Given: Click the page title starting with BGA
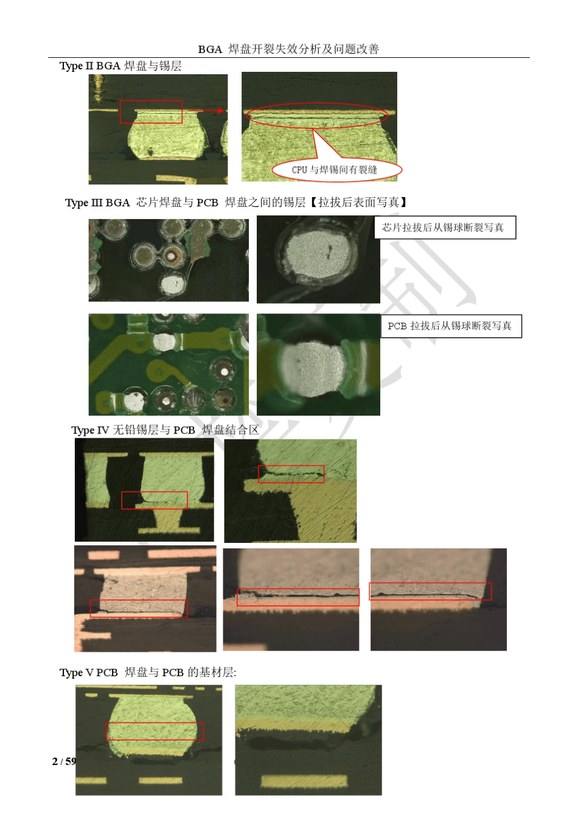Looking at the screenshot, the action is [288, 49].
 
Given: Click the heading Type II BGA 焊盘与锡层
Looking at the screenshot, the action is [120, 66].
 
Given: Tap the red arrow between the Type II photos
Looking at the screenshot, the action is [206, 110].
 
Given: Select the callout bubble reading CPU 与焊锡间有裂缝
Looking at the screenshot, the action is [336, 169].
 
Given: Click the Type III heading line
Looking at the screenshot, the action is [236, 202].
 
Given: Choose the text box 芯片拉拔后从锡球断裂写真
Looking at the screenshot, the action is [445, 228].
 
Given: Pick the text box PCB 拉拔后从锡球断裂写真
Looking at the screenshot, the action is [451, 326].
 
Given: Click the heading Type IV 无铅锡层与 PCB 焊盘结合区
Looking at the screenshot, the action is [165, 430].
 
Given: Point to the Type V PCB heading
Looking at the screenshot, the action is [148, 673].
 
